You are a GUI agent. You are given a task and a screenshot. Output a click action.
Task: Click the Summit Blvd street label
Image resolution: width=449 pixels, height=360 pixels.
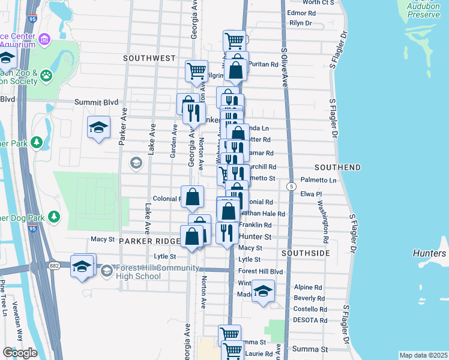click(96, 103)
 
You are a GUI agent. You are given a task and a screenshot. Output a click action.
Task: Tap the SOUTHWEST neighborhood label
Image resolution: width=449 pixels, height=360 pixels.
click(149, 59)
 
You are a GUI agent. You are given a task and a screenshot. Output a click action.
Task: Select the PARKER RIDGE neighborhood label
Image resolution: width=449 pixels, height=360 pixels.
click(149, 241)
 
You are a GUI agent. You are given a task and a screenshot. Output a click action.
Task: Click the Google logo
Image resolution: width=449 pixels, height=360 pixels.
click(20, 352)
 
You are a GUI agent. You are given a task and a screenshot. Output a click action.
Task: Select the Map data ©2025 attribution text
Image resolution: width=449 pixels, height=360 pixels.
click(424, 355)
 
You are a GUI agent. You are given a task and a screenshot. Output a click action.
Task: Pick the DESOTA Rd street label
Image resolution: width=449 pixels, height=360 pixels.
click(310, 320)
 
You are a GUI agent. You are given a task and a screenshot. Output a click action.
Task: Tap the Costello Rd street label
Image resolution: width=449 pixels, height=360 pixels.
click(310, 309)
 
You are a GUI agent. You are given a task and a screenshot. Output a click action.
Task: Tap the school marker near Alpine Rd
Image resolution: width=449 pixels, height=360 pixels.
click(263, 292)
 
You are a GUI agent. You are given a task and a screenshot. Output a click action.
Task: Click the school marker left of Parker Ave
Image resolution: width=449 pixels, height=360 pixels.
click(98, 127)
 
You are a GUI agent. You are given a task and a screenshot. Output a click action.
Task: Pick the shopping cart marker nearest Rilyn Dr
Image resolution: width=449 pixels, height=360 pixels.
click(234, 41)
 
